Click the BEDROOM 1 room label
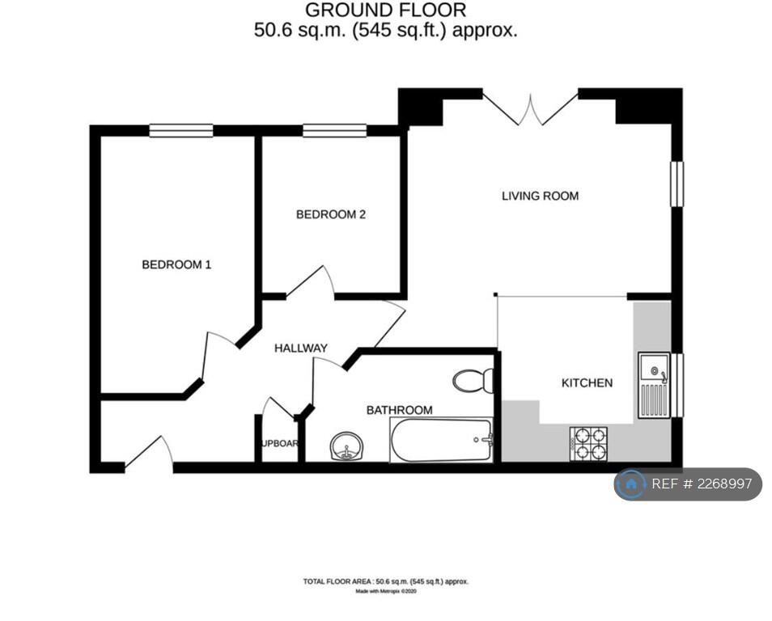(176, 264)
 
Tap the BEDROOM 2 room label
(331, 214)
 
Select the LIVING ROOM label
(540, 196)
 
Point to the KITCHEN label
(587, 382)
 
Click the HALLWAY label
(300, 349)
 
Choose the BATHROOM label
(399, 410)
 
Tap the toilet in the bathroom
(473, 380)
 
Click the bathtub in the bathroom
(441, 440)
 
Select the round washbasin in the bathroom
(348, 446)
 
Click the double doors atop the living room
(531, 109)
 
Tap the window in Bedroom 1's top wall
(180, 130)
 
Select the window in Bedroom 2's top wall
(334, 130)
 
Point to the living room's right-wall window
(677, 184)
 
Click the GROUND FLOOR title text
(385, 11)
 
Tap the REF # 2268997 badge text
(702, 484)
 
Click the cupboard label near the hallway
(280, 444)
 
